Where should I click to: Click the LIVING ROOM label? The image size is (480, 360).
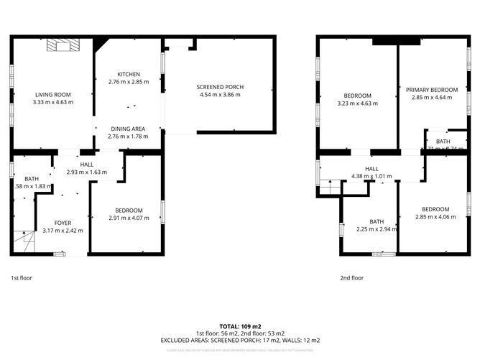(53, 94)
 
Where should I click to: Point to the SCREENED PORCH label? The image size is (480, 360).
(220, 87)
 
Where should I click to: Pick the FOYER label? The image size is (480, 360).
(63, 223)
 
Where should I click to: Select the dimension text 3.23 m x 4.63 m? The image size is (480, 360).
(357, 103)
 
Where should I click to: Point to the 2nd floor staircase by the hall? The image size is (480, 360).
(329, 188)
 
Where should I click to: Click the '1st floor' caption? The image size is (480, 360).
(21, 277)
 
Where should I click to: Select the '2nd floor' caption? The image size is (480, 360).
(351, 277)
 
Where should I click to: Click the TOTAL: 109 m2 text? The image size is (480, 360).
(240, 326)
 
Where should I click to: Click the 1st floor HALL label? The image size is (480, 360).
(86, 165)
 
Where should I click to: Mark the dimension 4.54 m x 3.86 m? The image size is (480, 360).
(220, 95)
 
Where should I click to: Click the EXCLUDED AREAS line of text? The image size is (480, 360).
(240, 340)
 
